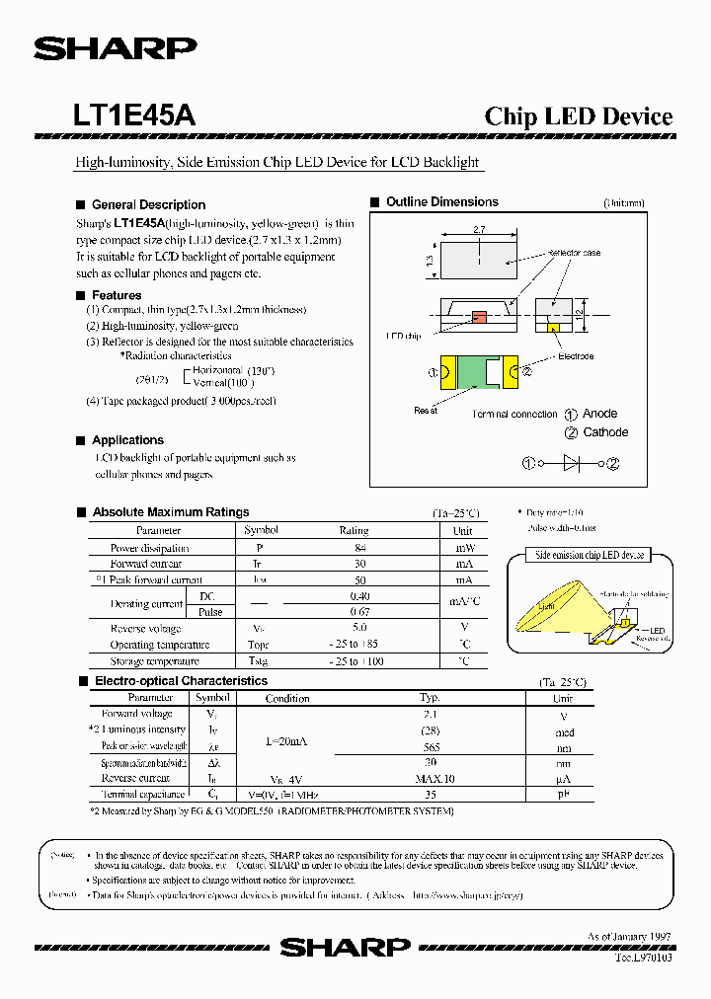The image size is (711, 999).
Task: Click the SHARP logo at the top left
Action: point(116,49)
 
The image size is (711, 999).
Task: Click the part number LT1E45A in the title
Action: point(133,115)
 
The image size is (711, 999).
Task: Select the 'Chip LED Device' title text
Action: point(578,116)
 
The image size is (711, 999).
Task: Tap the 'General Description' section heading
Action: point(148,204)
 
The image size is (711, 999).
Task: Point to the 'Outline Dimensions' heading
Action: point(441,201)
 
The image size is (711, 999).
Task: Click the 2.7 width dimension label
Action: point(480,229)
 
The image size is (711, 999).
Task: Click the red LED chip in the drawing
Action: point(479,317)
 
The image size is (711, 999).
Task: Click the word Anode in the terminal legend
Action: point(599,414)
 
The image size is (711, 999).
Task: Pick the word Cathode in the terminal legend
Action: point(605,432)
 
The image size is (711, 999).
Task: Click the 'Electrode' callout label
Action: point(576,355)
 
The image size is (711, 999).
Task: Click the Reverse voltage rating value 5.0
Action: point(358,627)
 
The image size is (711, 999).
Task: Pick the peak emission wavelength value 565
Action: point(431,747)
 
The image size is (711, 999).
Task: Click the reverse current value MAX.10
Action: point(431,778)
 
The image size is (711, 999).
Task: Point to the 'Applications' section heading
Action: point(127,440)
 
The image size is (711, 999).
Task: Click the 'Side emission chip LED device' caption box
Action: point(590,555)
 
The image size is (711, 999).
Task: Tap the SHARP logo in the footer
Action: point(345,947)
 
